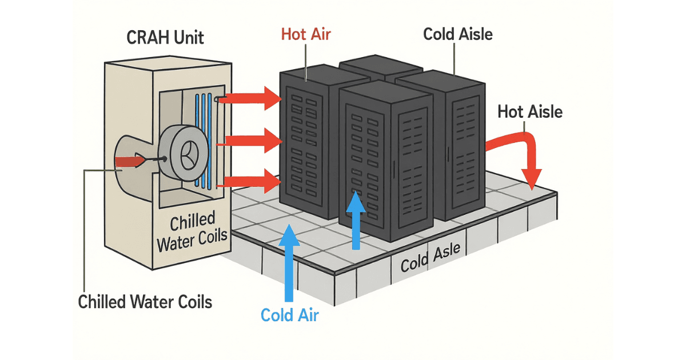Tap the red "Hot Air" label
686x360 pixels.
[306, 34]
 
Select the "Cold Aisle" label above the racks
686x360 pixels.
[457, 34]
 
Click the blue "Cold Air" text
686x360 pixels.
[290, 314]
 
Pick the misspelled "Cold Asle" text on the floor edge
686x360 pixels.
[434, 260]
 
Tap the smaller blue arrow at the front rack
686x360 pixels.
[357, 220]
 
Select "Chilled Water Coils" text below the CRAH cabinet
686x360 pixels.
[145, 301]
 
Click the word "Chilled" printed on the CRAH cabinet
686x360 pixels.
[193, 219]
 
